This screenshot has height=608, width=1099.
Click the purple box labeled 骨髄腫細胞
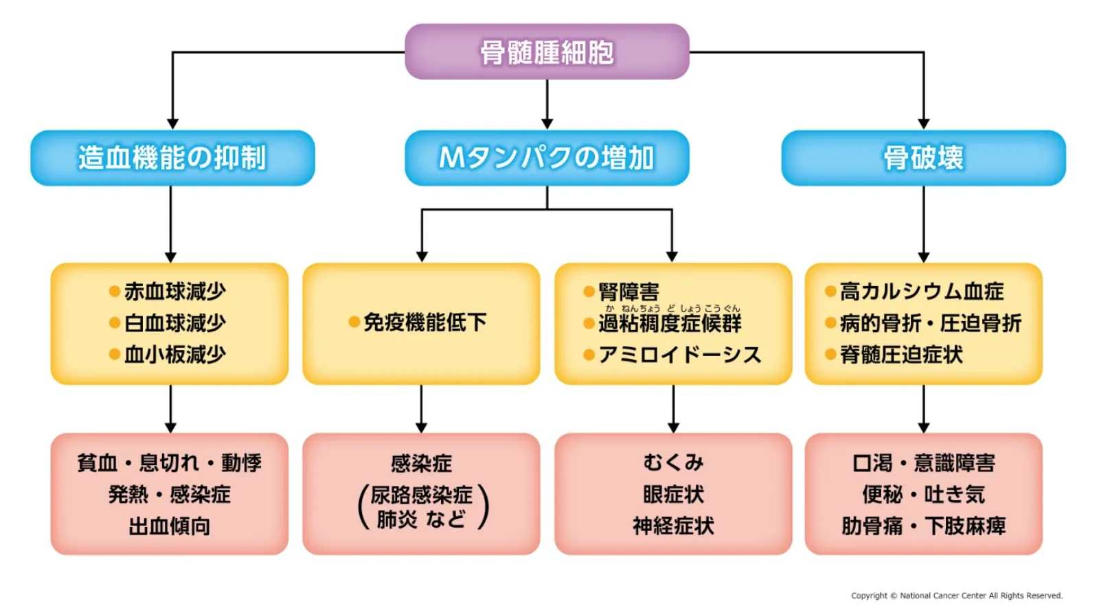click(x=547, y=52)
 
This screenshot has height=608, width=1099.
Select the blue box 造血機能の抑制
click(x=172, y=158)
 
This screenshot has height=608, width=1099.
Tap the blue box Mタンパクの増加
click(x=547, y=158)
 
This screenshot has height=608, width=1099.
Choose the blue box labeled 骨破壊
click(x=923, y=158)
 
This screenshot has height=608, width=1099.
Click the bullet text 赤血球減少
click(x=174, y=292)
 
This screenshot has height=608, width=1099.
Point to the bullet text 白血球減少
click(x=174, y=323)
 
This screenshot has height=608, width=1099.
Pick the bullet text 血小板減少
click(x=174, y=355)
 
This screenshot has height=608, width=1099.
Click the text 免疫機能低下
click(x=424, y=323)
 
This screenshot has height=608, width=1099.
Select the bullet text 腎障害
click(x=628, y=292)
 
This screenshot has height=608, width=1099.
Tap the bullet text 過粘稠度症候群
click(x=670, y=323)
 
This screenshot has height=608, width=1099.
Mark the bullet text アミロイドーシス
click(x=679, y=355)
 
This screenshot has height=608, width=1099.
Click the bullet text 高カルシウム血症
click(x=922, y=292)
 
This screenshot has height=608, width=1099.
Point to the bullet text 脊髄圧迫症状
click(x=901, y=355)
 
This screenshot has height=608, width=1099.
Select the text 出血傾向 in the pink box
click(x=170, y=526)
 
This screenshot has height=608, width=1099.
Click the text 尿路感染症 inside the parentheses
click(x=422, y=495)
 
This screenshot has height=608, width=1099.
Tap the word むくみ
click(x=673, y=463)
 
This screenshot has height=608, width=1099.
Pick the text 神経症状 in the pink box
click(x=673, y=526)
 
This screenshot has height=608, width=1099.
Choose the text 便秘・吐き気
click(x=923, y=495)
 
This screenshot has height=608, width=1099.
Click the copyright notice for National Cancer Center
click(x=956, y=596)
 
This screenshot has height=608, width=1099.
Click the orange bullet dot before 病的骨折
click(x=830, y=323)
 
